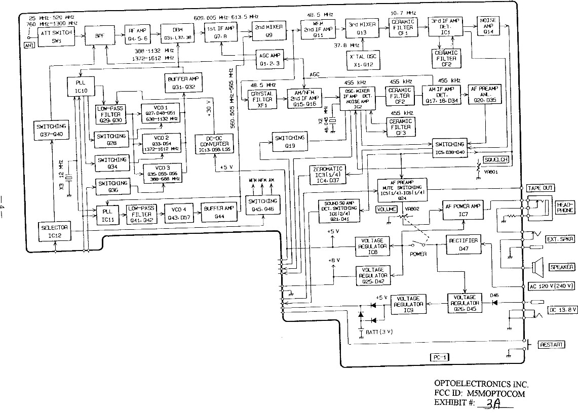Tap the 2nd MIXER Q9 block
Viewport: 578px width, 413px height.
point(268,30)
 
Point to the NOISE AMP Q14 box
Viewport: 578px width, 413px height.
point(488,26)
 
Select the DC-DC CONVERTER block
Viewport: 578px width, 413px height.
point(214,144)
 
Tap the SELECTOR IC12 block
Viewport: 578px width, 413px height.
point(54,231)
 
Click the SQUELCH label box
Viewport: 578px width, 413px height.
point(496,159)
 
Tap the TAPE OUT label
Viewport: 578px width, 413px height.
point(541,188)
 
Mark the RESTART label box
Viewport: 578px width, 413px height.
point(551,345)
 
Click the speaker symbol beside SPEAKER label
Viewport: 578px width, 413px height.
point(538,266)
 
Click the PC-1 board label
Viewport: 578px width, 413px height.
point(437,357)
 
